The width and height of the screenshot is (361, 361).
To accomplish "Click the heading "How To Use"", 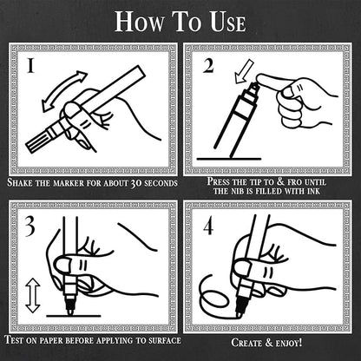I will point(180,22).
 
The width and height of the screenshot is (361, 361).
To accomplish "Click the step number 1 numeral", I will point(30,67).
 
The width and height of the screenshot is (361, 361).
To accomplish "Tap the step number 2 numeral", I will point(210,67).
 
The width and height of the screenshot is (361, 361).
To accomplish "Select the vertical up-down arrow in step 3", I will point(33,295).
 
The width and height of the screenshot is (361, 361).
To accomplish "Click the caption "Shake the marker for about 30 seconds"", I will point(93,184).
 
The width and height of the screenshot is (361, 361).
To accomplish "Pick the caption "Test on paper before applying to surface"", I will point(93,342).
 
